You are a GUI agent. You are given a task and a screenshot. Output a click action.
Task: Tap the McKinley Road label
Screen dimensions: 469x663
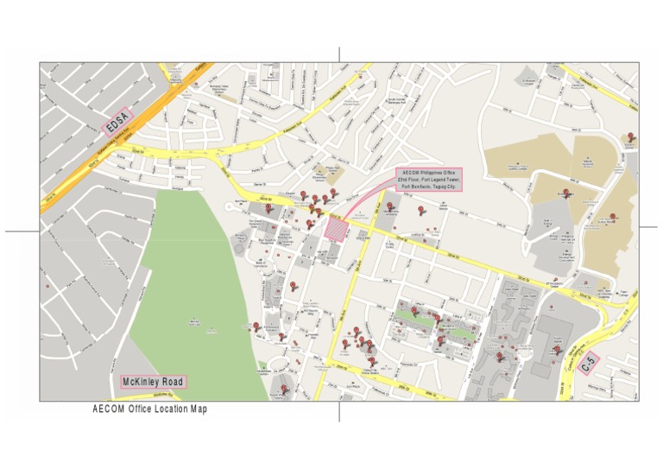pyautogui.click(x=153, y=381)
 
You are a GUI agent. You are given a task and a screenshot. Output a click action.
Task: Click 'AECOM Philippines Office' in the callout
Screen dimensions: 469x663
pyautogui.click(x=429, y=173)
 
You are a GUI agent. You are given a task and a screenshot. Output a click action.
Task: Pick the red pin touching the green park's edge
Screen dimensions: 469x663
pyautogui.click(x=256, y=326)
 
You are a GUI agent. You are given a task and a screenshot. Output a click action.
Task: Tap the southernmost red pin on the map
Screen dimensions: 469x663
pyautogui.click(x=284, y=390)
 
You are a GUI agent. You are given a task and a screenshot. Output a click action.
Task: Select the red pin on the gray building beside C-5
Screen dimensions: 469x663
pyautogui.click(x=557, y=351)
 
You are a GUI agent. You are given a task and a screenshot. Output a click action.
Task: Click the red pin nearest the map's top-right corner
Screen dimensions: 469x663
pyautogui.click(x=631, y=136)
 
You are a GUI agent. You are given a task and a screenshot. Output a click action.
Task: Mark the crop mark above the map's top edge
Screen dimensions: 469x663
pyautogui.click(x=339, y=54)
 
